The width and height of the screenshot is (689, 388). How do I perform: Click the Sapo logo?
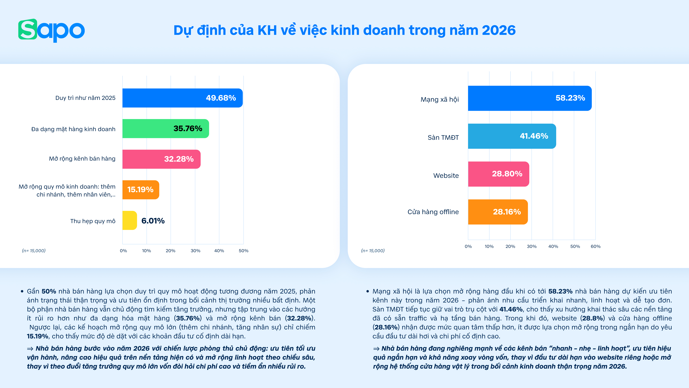51,30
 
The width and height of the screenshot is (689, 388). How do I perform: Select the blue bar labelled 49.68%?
182,98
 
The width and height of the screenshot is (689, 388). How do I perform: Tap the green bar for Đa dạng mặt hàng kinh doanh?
166,128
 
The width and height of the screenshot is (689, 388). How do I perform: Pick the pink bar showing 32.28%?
161,159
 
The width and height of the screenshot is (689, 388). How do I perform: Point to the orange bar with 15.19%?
141,190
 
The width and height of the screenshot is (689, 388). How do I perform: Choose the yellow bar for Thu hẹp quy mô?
129,220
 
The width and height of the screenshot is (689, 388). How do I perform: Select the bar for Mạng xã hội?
530,98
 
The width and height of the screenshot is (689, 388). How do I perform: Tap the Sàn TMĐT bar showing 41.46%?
512,136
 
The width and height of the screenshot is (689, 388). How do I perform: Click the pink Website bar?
498,174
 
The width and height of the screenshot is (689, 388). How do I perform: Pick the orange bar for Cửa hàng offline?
498,212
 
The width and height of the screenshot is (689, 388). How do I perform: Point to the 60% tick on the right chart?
595,246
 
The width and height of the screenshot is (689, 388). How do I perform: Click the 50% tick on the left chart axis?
243,251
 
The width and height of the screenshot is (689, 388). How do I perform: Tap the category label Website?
446,176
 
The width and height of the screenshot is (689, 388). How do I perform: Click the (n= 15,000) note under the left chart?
34,251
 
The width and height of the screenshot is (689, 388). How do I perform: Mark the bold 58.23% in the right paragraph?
560,291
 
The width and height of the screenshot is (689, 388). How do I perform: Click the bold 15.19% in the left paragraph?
37,336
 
